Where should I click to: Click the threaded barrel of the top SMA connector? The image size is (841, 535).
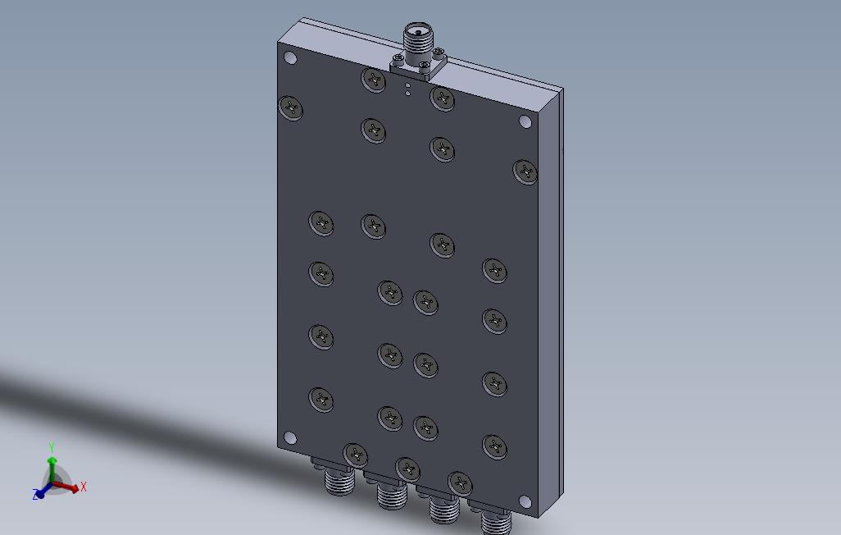416,36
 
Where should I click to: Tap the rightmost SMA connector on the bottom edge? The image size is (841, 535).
495,522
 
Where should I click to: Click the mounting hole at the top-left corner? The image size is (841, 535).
289,58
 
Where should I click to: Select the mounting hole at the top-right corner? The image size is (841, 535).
525,122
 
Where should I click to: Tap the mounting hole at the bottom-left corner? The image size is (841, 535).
289,438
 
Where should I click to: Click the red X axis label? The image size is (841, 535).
83,487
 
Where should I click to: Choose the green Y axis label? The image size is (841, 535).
51,447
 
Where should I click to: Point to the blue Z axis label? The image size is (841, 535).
36,495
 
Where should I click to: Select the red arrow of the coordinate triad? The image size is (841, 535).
69,487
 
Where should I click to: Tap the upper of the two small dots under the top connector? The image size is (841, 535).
407,85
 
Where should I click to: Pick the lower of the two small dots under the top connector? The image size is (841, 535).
407,94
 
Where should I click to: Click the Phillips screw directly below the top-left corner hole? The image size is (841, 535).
291,107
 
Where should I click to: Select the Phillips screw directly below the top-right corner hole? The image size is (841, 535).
525,171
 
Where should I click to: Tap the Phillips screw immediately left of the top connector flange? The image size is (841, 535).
374,80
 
